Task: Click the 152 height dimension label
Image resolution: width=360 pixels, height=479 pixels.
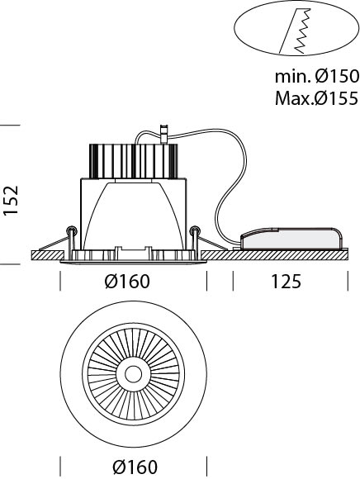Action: (x=11, y=201)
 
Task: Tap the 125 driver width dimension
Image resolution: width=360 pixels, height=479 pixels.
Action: (x=287, y=282)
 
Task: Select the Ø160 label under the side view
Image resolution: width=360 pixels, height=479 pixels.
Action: (x=127, y=282)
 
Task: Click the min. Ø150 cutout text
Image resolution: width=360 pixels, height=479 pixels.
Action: (x=316, y=76)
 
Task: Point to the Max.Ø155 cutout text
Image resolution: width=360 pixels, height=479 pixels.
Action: (x=316, y=98)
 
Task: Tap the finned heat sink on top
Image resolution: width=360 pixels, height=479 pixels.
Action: (x=133, y=161)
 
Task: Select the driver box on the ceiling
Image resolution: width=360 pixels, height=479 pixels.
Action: (x=291, y=239)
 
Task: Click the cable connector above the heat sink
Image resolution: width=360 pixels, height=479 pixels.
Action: (x=164, y=134)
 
